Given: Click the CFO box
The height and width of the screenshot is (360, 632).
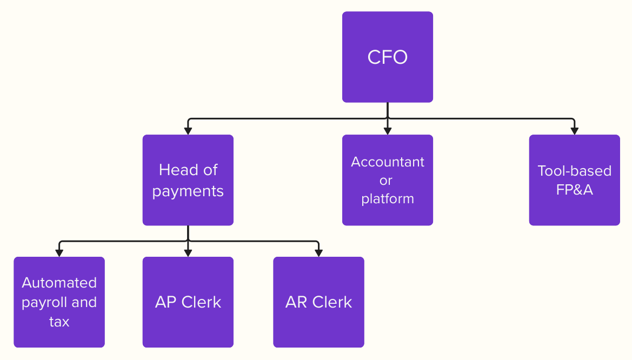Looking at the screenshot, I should (x=387, y=57).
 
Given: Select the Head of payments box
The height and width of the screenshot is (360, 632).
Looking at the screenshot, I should (x=188, y=180).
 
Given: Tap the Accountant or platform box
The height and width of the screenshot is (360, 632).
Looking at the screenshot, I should (x=387, y=180).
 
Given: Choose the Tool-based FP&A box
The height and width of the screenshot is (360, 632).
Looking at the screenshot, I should (x=574, y=180).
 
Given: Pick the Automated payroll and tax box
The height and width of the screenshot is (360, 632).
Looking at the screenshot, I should (x=59, y=302).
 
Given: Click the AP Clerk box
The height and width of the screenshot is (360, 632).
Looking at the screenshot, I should (x=188, y=302).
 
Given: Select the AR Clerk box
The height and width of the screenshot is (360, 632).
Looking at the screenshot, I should (x=318, y=302).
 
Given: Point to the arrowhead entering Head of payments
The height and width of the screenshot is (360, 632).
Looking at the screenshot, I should (x=188, y=131).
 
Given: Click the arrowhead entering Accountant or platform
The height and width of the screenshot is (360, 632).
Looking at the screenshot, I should (x=387, y=131).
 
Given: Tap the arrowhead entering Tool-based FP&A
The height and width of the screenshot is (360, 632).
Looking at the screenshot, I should (x=574, y=131).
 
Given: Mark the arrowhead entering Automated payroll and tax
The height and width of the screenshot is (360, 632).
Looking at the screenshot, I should (x=59, y=253).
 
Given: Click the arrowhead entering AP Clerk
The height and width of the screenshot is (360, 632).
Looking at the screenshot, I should (x=188, y=253).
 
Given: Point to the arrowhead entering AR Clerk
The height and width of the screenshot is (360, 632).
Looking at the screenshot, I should (x=318, y=253).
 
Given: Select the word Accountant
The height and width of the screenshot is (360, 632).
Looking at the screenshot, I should (x=387, y=162).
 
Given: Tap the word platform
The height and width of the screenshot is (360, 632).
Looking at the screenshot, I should (x=387, y=199).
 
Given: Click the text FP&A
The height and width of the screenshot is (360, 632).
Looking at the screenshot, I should (x=574, y=190).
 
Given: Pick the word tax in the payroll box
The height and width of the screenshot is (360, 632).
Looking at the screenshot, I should (x=59, y=322).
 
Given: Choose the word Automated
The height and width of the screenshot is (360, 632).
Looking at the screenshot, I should (x=59, y=283).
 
